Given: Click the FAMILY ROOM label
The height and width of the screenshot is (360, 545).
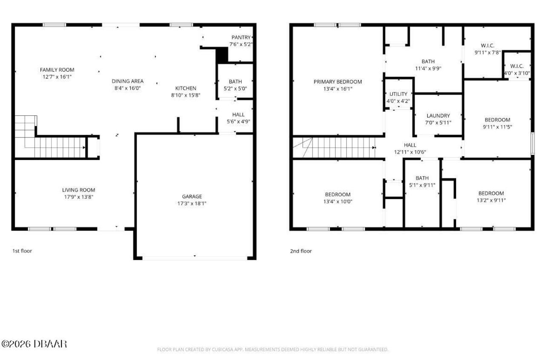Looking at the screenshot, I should coord(57,70).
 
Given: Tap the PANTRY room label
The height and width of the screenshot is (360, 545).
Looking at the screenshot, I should coord(241,37).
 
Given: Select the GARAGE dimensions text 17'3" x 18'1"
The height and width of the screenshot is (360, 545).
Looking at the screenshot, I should coord(192,203).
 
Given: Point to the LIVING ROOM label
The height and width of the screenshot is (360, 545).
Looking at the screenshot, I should coord(78,190).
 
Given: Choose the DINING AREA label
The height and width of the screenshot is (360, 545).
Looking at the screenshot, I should coord(127,81).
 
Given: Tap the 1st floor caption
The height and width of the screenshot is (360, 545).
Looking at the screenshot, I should coord(22,251).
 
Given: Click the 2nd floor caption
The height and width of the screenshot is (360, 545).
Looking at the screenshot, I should coord(301,251).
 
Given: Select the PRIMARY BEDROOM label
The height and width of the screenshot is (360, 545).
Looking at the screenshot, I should coord(338,82).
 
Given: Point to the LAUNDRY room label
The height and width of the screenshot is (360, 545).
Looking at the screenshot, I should coord(438,116).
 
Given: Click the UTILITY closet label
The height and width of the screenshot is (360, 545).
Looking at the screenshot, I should coord(398,94).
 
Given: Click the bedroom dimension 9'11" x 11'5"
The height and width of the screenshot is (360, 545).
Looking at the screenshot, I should coord(497,127).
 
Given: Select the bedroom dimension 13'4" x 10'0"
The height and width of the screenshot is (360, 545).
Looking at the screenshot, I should coord(338,202).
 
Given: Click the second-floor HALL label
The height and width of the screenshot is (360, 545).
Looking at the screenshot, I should coord(410,145).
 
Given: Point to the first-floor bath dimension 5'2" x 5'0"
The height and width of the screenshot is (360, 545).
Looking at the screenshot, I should coord(235,89).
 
